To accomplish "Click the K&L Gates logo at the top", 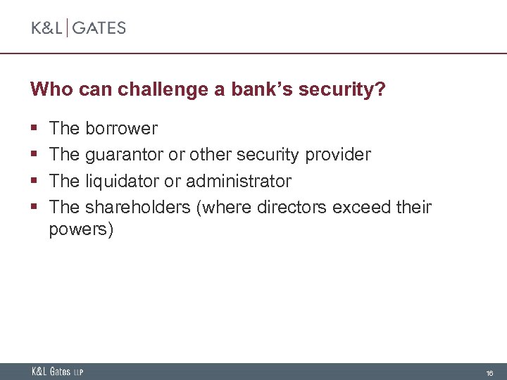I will [x=78, y=28].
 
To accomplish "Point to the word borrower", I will [x=121, y=129].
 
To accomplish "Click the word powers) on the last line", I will [x=81, y=230].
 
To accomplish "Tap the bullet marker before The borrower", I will [x=34, y=129].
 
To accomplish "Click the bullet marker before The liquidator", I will [x=34, y=182].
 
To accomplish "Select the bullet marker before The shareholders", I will [x=34, y=208].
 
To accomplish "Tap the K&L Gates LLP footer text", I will [x=57, y=372].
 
